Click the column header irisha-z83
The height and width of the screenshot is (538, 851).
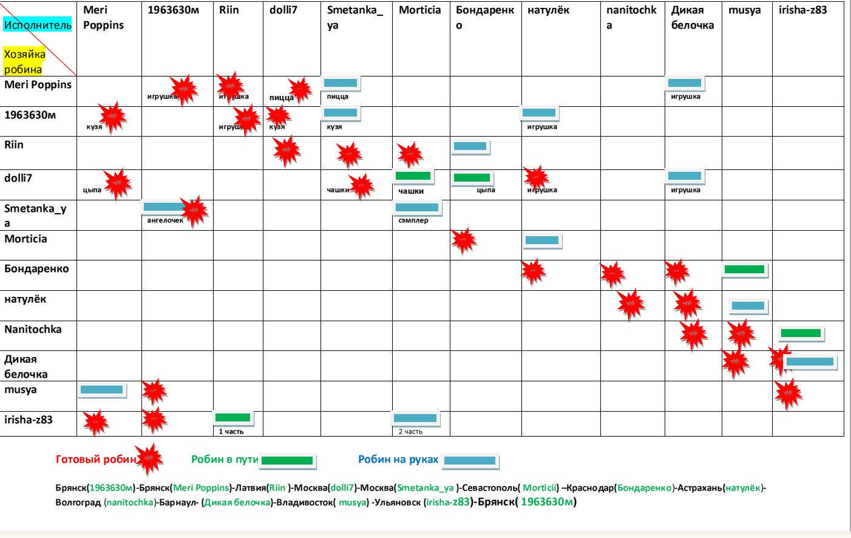click(802, 10)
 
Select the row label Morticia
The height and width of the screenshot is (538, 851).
click(25, 239)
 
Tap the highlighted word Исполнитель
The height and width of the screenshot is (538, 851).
click(38, 25)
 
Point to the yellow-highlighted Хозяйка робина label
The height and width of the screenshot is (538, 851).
click(24, 61)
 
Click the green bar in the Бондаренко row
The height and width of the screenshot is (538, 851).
click(744, 270)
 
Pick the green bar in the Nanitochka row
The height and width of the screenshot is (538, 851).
click(801, 333)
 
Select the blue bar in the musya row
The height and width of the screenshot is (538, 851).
click(101, 390)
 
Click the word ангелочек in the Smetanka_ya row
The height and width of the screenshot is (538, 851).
click(165, 220)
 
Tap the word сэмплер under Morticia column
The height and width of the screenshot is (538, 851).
click(413, 220)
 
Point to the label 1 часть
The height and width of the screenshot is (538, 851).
click(231, 432)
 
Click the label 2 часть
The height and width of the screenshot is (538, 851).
click(410, 432)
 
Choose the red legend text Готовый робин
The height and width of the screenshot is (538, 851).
click(96, 460)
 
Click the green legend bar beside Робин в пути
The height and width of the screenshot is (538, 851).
click(286, 461)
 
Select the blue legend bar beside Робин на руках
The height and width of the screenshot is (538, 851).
click(469, 461)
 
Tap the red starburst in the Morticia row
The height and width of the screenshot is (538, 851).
click(464, 241)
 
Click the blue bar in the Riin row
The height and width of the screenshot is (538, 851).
click(470, 146)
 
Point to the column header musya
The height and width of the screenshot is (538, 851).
click(744, 10)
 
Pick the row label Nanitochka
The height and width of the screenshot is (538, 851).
click(33, 330)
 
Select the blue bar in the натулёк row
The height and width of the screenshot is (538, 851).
click(748, 306)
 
